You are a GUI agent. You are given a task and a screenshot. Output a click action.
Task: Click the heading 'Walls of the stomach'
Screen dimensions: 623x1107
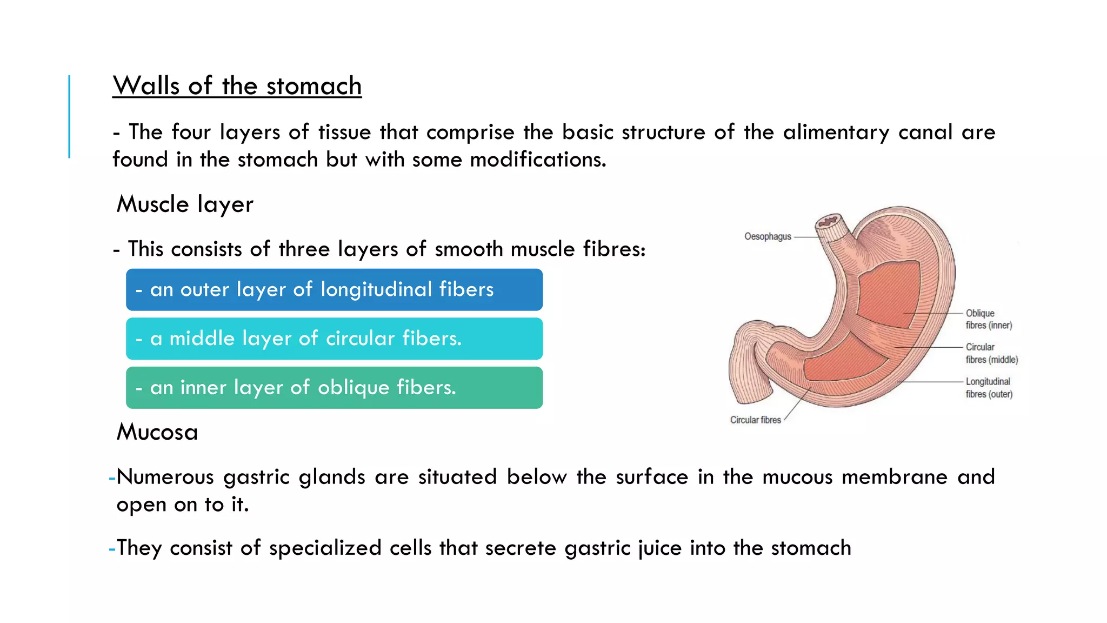coord(237,86)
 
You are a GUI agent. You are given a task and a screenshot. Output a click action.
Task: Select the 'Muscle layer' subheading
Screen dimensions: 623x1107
coord(185,204)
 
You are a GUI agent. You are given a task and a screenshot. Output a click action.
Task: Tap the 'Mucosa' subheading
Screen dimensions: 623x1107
coord(157,432)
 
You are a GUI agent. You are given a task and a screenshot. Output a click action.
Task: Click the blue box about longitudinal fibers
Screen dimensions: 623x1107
coord(334,290)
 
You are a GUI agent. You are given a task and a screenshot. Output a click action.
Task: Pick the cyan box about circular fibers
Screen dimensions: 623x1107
coord(334,339)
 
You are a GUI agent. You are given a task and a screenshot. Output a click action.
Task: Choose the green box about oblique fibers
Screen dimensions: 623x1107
coord(334,388)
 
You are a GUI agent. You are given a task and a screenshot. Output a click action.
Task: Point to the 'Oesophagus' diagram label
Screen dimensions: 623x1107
coord(767,236)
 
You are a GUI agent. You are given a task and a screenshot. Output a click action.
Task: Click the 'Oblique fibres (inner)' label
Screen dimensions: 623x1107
coord(989,319)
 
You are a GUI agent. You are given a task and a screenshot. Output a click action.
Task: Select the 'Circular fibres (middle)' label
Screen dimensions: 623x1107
coord(991,353)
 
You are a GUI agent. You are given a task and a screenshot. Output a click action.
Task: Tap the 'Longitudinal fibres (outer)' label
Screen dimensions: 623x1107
coord(989,388)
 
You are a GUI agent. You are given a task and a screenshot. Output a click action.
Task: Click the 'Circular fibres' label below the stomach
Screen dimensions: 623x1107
coord(755,420)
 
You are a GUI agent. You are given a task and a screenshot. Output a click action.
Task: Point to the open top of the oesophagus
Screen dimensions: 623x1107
coord(828,221)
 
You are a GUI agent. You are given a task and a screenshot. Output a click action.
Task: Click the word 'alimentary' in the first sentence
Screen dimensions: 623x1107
coord(836,132)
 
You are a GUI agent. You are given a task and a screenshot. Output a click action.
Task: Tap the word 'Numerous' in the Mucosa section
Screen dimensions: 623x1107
coord(165,477)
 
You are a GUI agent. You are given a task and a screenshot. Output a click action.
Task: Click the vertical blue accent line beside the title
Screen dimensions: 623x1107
coord(69,116)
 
